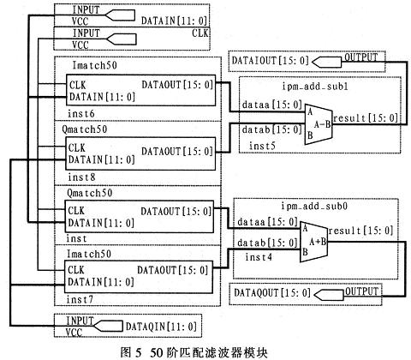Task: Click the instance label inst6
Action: (x=81, y=114)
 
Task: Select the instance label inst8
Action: (x=81, y=177)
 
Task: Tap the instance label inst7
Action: (x=80, y=299)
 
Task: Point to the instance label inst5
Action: (x=262, y=146)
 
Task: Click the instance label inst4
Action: (x=259, y=257)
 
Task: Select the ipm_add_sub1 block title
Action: (x=315, y=87)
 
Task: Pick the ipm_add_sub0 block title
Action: (x=314, y=206)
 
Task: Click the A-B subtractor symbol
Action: (x=319, y=124)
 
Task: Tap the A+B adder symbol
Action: (x=313, y=242)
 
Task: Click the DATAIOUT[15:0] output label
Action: (x=271, y=61)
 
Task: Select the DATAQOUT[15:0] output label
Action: (x=272, y=292)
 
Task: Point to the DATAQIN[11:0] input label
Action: (x=161, y=327)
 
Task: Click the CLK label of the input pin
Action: (x=200, y=33)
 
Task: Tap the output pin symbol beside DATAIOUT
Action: (x=326, y=62)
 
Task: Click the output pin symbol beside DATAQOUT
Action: (x=329, y=295)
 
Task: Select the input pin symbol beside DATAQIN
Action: (x=109, y=326)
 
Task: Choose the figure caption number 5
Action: (x=138, y=352)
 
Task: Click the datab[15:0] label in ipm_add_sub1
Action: (x=272, y=129)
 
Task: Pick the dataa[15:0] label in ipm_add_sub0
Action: (x=267, y=222)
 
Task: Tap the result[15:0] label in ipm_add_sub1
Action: (x=366, y=118)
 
